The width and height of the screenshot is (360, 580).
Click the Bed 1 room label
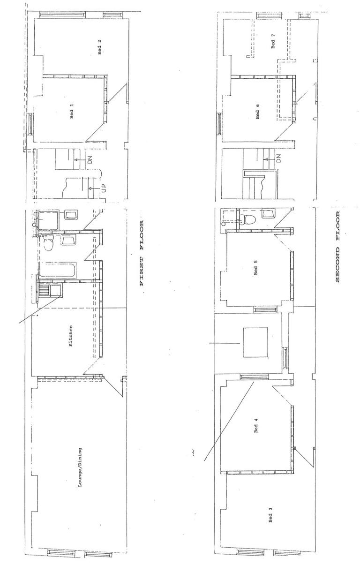[72, 111]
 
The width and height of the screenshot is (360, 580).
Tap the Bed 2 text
[99, 47]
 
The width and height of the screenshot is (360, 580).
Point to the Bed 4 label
[256, 426]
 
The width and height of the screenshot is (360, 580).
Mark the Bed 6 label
[258, 111]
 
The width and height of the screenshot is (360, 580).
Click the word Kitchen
[71, 336]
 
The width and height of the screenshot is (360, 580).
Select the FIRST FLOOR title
[140, 253]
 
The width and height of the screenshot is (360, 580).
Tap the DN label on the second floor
[278, 158]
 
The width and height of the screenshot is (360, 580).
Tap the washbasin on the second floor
[268, 214]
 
